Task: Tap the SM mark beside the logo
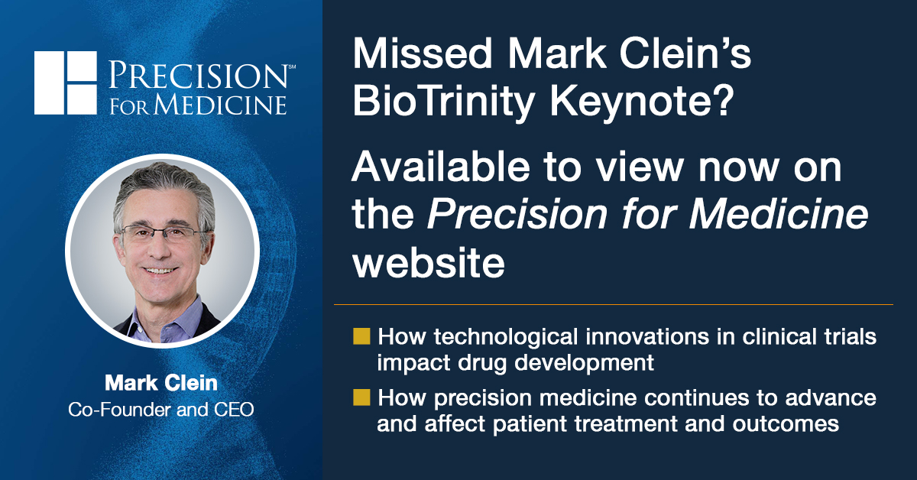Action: click(291, 67)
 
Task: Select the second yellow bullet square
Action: click(362, 397)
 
